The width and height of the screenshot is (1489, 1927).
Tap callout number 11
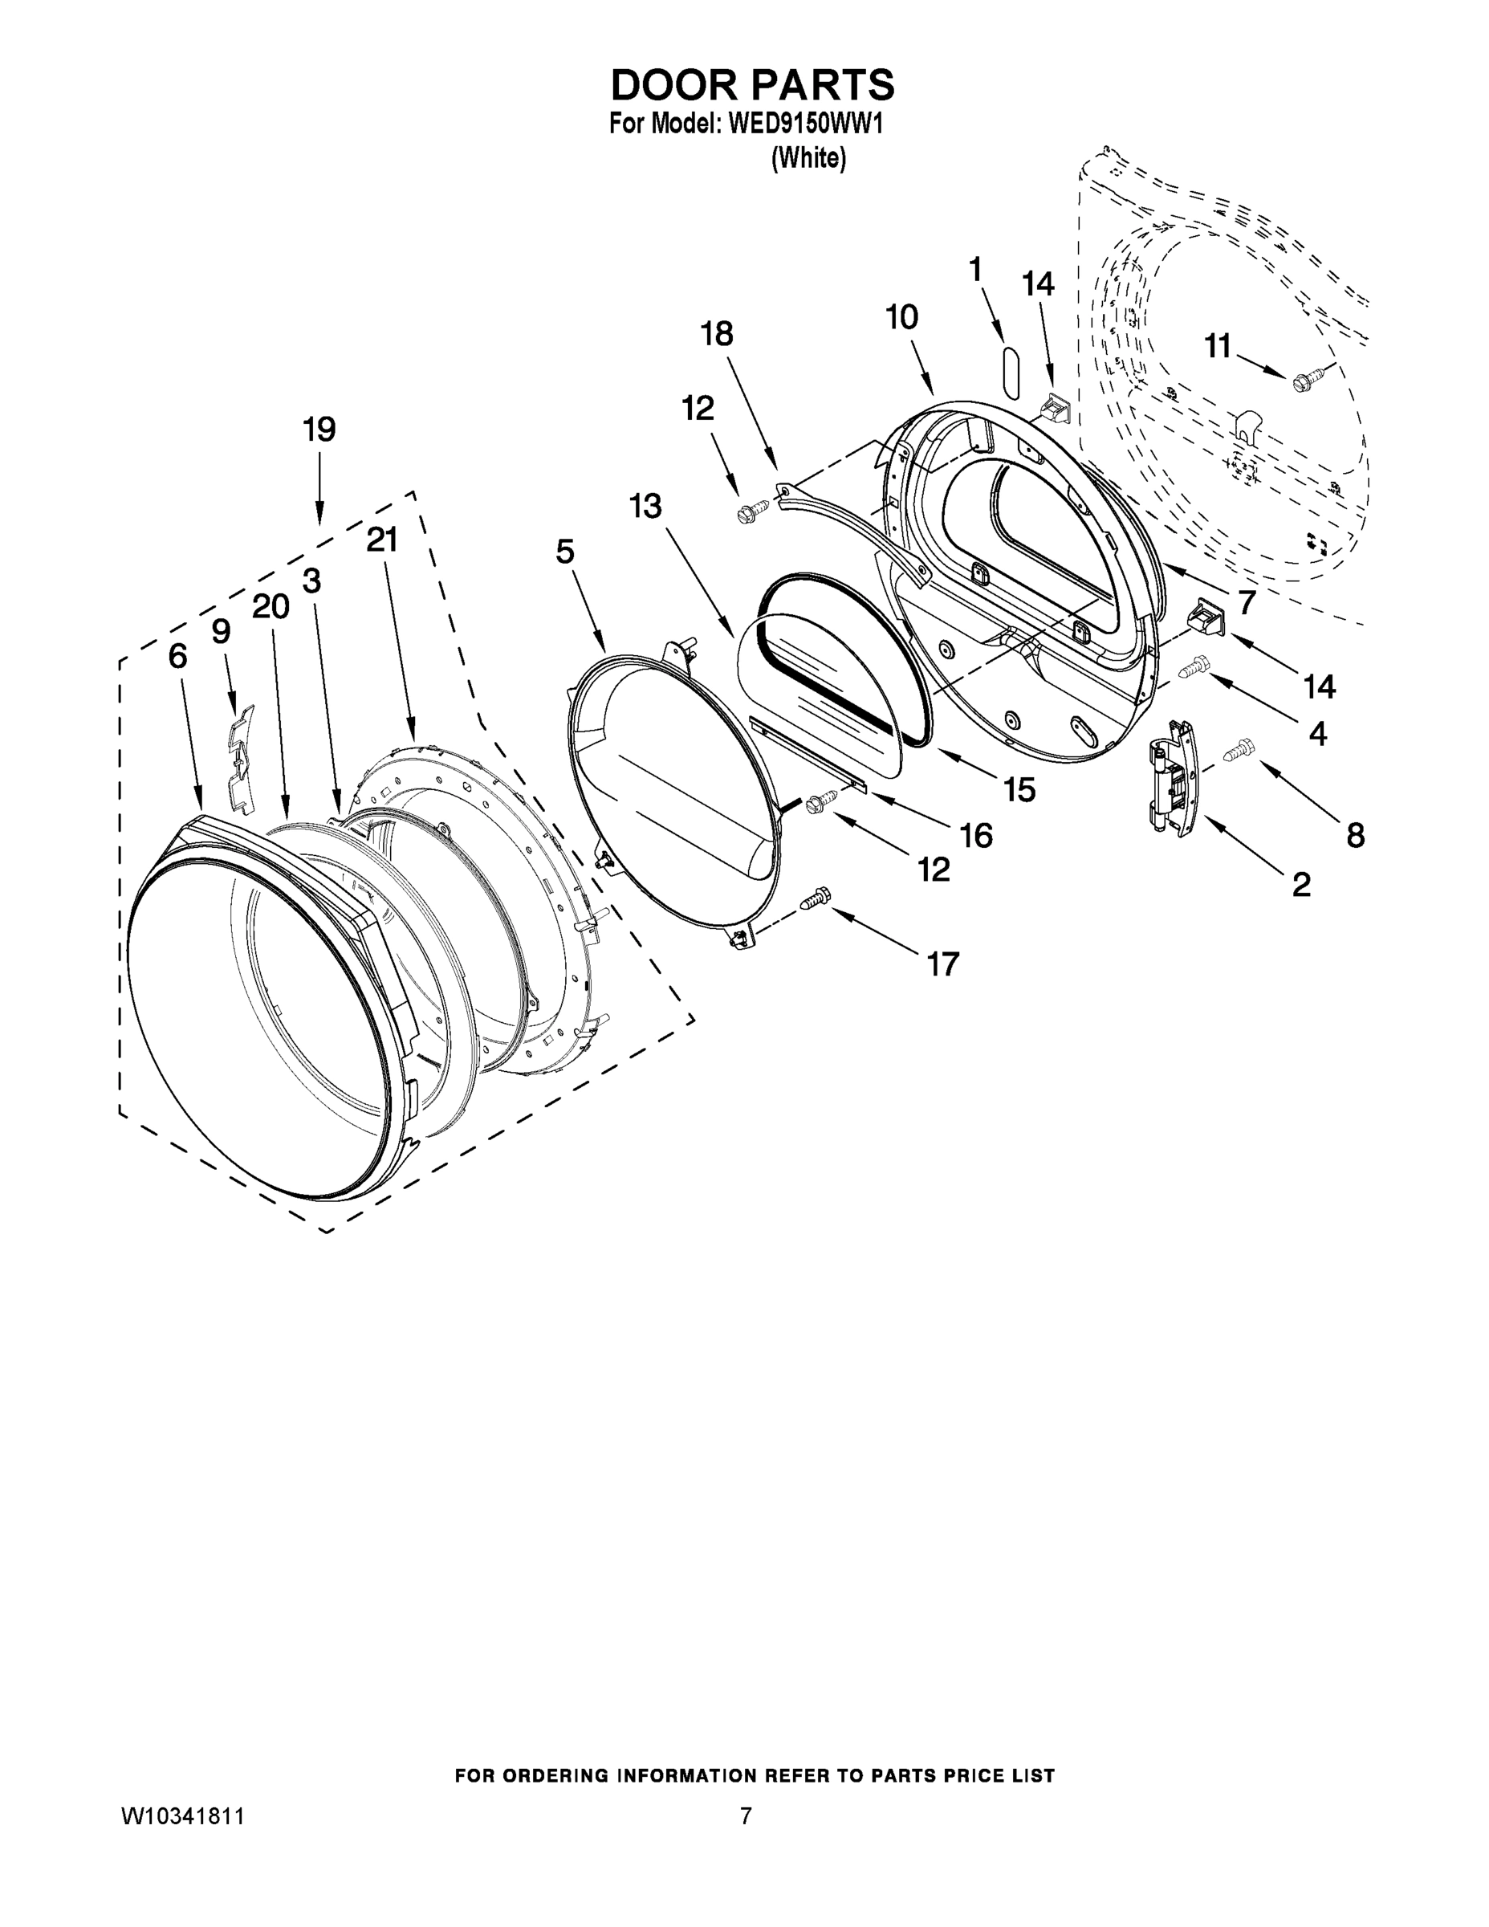tap(1218, 347)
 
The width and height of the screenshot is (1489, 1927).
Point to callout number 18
tap(716, 334)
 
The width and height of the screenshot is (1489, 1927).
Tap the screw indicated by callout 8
tap(1239, 750)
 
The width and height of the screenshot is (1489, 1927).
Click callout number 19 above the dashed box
tap(319, 430)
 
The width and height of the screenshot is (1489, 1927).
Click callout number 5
tap(564, 552)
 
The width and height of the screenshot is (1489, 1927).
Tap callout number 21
tap(382, 540)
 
